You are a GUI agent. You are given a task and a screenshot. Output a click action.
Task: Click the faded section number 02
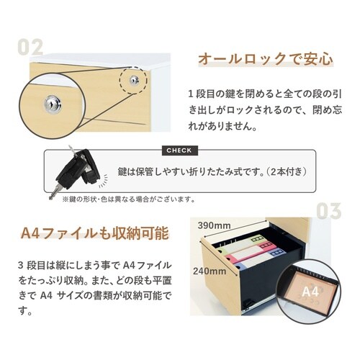(x=30, y=47)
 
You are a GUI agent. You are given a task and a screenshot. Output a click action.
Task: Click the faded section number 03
(x=328, y=211)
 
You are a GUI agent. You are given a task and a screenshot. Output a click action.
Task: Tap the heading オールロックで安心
(x=266, y=59)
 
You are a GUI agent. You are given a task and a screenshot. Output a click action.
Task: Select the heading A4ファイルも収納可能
(x=95, y=233)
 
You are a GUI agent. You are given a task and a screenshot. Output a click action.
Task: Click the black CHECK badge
(x=180, y=150)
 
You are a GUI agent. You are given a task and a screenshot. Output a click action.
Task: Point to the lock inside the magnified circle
(x=53, y=104)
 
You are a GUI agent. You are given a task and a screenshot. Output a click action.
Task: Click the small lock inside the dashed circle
(x=133, y=80)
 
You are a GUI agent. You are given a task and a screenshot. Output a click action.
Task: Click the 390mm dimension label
(x=214, y=225)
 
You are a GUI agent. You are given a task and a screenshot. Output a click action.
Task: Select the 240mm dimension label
(x=210, y=271)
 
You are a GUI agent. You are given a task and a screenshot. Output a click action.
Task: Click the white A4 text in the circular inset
(x=310, y=292)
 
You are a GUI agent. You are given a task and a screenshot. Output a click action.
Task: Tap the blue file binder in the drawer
(x=261, y=258)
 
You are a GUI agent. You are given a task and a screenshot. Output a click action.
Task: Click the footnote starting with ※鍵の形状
(x=129, y=199)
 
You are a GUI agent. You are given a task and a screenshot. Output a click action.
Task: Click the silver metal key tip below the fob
(x=54, y=192)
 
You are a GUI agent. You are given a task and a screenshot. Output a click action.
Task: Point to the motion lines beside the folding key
(x=103, y=181)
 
